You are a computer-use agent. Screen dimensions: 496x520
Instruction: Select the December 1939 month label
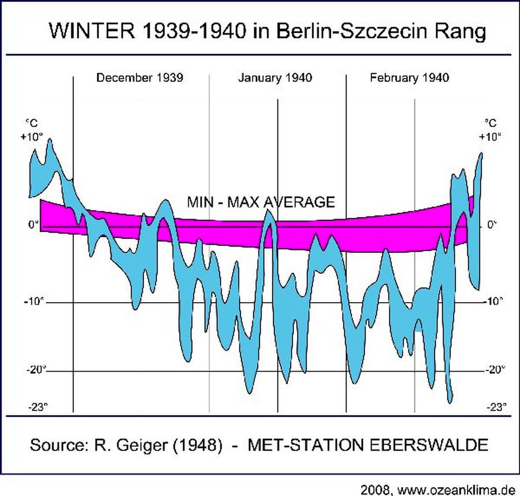point(140,78)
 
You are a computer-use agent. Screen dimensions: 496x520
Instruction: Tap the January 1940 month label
point(275,78)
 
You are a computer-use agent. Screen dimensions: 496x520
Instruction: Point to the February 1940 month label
point(410,78)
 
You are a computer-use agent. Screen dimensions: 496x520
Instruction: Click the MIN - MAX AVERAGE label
point(261,202)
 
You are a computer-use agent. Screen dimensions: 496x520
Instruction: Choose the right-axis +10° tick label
point(489,137)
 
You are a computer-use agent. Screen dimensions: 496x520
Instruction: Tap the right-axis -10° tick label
point(492,302)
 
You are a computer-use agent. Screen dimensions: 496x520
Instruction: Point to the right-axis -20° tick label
point(496,370)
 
